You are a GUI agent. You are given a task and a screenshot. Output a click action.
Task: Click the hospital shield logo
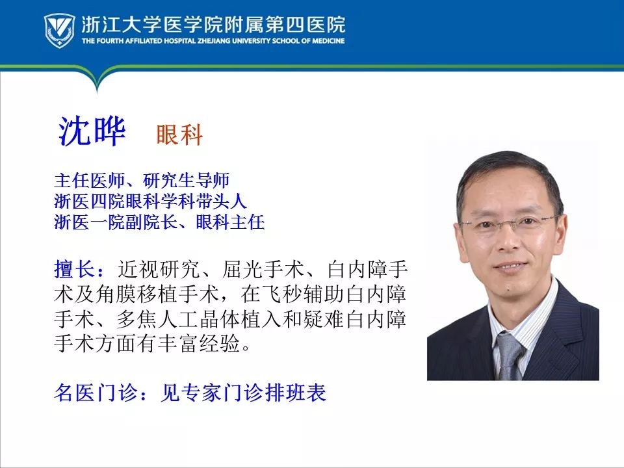(x=59, y=30)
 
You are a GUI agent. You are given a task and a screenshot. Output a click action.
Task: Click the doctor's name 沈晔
(x=92, y=132)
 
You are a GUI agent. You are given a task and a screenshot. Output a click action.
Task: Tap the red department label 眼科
(x=179, y=135)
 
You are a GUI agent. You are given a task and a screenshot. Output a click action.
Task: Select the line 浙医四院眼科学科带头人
(x=151, y=201)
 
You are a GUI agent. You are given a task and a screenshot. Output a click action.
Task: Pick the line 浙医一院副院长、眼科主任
(x=159, y=222)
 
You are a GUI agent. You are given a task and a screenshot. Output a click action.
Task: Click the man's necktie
(x=509, y=355)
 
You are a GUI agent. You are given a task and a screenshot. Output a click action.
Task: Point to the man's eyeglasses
(x=509, y=225)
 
